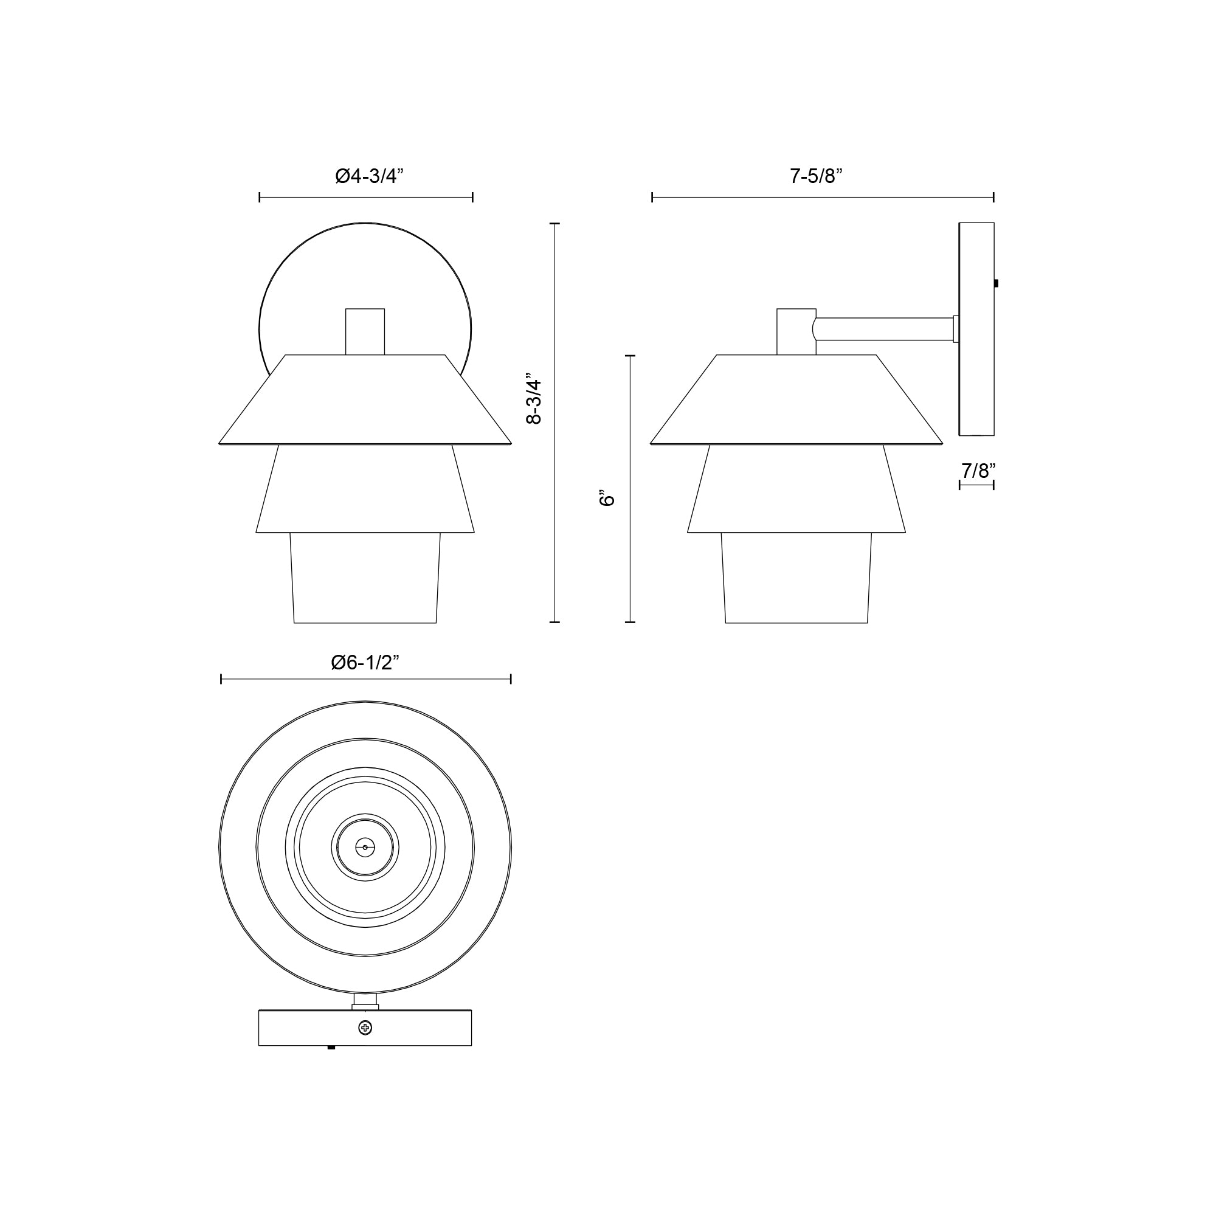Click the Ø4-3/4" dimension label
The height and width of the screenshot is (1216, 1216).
[368, 176]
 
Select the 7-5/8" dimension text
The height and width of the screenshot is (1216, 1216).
[816, 176]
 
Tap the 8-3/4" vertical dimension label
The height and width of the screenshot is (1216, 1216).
[534, 401]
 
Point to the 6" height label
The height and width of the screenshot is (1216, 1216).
[607, 498]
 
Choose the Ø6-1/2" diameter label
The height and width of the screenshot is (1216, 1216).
[365, 662]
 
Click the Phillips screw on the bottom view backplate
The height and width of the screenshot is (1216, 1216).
[365, 1028]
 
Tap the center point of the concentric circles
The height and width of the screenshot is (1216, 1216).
[365, 848]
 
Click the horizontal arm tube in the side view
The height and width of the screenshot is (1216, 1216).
[884, 329]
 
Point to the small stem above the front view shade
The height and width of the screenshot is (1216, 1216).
[365, 331]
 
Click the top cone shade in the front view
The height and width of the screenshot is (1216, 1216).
[365, 403]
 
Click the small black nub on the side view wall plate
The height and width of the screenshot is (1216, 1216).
[997, 284]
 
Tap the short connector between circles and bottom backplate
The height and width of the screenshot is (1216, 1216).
[365, 1001]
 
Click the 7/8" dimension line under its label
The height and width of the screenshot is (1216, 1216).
[976, 485]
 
